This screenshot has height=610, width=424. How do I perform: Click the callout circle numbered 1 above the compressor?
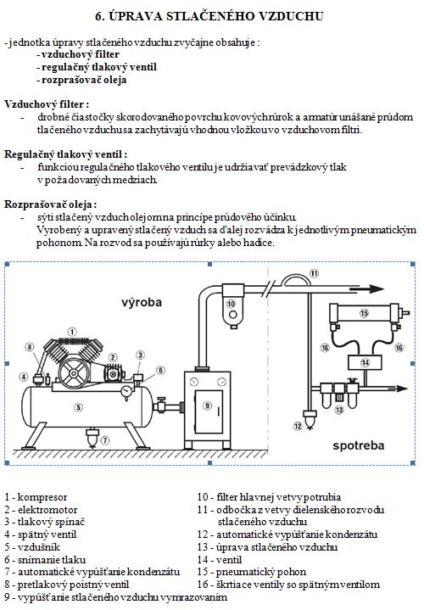coord(72,332)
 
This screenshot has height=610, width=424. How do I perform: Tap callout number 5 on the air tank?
coord(79,407)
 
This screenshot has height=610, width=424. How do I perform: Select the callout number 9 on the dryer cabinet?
coord(207,406)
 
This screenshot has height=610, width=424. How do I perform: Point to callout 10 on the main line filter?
coord(231,304)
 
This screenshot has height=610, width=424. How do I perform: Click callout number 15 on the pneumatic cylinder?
coord(364,313)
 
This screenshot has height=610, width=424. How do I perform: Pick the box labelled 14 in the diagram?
coord(365,362)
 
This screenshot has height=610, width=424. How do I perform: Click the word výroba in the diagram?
coord(142,302)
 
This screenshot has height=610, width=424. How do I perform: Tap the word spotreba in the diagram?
coord(358,445)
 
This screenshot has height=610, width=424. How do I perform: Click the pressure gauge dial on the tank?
coord(126,390)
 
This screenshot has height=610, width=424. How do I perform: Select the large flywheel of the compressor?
coord(73,373)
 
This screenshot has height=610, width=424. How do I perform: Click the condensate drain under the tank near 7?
coord(92,437)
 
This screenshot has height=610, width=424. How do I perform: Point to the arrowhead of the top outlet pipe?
coord(377,289)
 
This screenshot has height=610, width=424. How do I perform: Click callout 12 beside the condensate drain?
coord(298,426)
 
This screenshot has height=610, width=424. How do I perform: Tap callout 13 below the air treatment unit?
coord(339,410)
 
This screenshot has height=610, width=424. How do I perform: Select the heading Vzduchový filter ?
coord(47,104)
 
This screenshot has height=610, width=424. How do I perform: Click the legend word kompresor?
coord(42,497)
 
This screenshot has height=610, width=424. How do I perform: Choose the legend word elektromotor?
coord(47,510)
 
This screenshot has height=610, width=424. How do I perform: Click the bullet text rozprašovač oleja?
coord(84,80)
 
